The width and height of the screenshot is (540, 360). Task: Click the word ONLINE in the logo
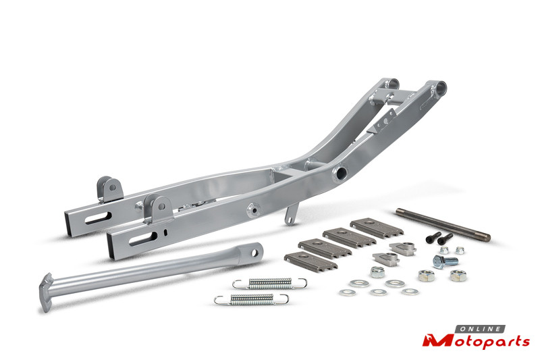[x=481, y=329]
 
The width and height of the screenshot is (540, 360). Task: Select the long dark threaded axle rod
[x=443, y=225]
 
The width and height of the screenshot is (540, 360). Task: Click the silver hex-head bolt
[x=445, y=261]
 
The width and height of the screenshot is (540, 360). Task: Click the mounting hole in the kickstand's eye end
[x=254, y=253]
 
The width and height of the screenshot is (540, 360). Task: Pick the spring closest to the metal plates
[x=269, y=284]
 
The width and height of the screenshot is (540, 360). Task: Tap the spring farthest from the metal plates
[x=251, y=299]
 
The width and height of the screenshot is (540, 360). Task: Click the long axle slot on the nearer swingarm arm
[x=143, y=238]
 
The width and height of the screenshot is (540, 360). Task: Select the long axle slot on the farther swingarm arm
[x=99, y=218]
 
